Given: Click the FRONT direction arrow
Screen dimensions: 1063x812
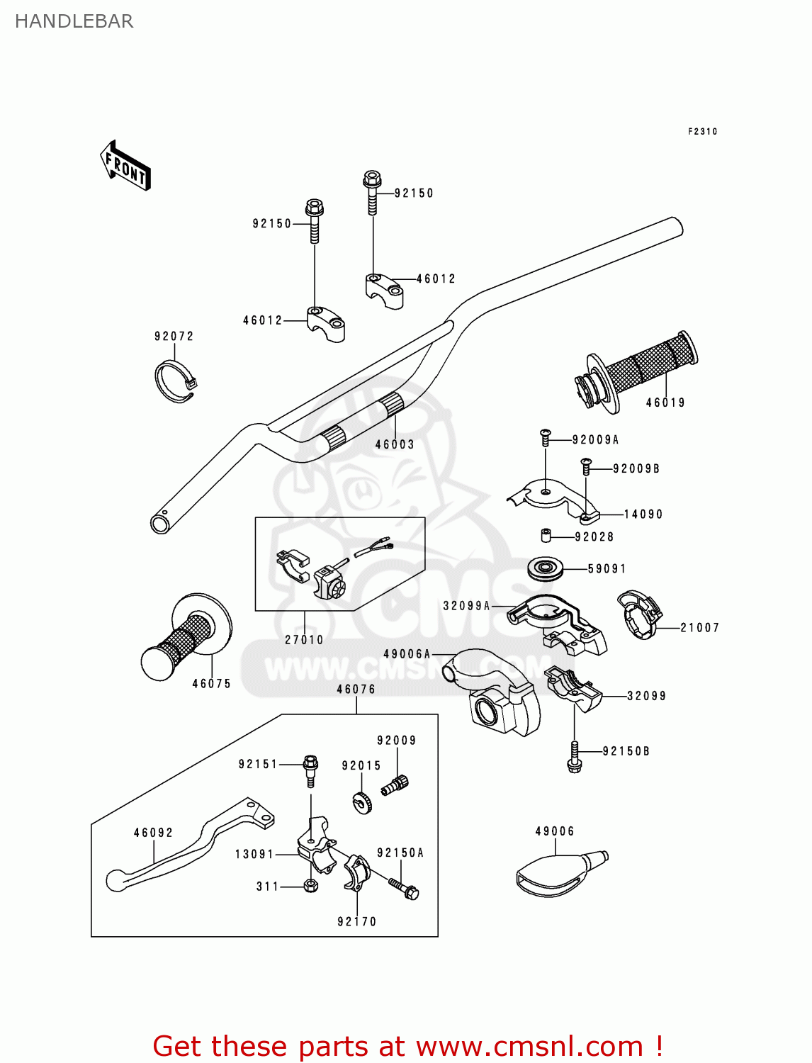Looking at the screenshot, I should pyautogui.click(x=126, y=165).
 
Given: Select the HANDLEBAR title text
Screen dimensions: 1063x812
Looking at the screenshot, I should pyautogui.click(x=74, y=21).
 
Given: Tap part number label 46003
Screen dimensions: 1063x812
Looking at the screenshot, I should pyautogui.click(x=395, y=444).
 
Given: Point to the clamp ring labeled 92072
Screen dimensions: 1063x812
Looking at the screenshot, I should pyautogui.click(x=174, y=381).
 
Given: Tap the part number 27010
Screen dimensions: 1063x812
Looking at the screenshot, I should pyautogui.click(x=304, y=640).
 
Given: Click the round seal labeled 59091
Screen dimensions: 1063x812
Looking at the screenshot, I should pyautogui.click(x=546, y=568).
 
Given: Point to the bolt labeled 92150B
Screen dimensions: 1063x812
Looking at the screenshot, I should pyautogui.click(x=574, y=758).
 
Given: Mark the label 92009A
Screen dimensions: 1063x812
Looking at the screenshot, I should pyautogui.click(x=595, y=440).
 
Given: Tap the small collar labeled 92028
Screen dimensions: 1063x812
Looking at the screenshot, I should pyautogui.click(x=546, y=535).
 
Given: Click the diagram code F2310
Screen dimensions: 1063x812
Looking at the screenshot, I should pyautogui.click(x=702, y=132).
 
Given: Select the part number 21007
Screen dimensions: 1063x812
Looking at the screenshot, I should pyautogui.click(x=699, y=628).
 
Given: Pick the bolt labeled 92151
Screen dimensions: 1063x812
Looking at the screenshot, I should pyautogui.click(x=310, y=770).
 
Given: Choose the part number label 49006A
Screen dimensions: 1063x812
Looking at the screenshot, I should pyautogui.click(x=407, y=654).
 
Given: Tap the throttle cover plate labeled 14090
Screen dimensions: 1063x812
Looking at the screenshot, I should pyautogui.click(x=553, y=496).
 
